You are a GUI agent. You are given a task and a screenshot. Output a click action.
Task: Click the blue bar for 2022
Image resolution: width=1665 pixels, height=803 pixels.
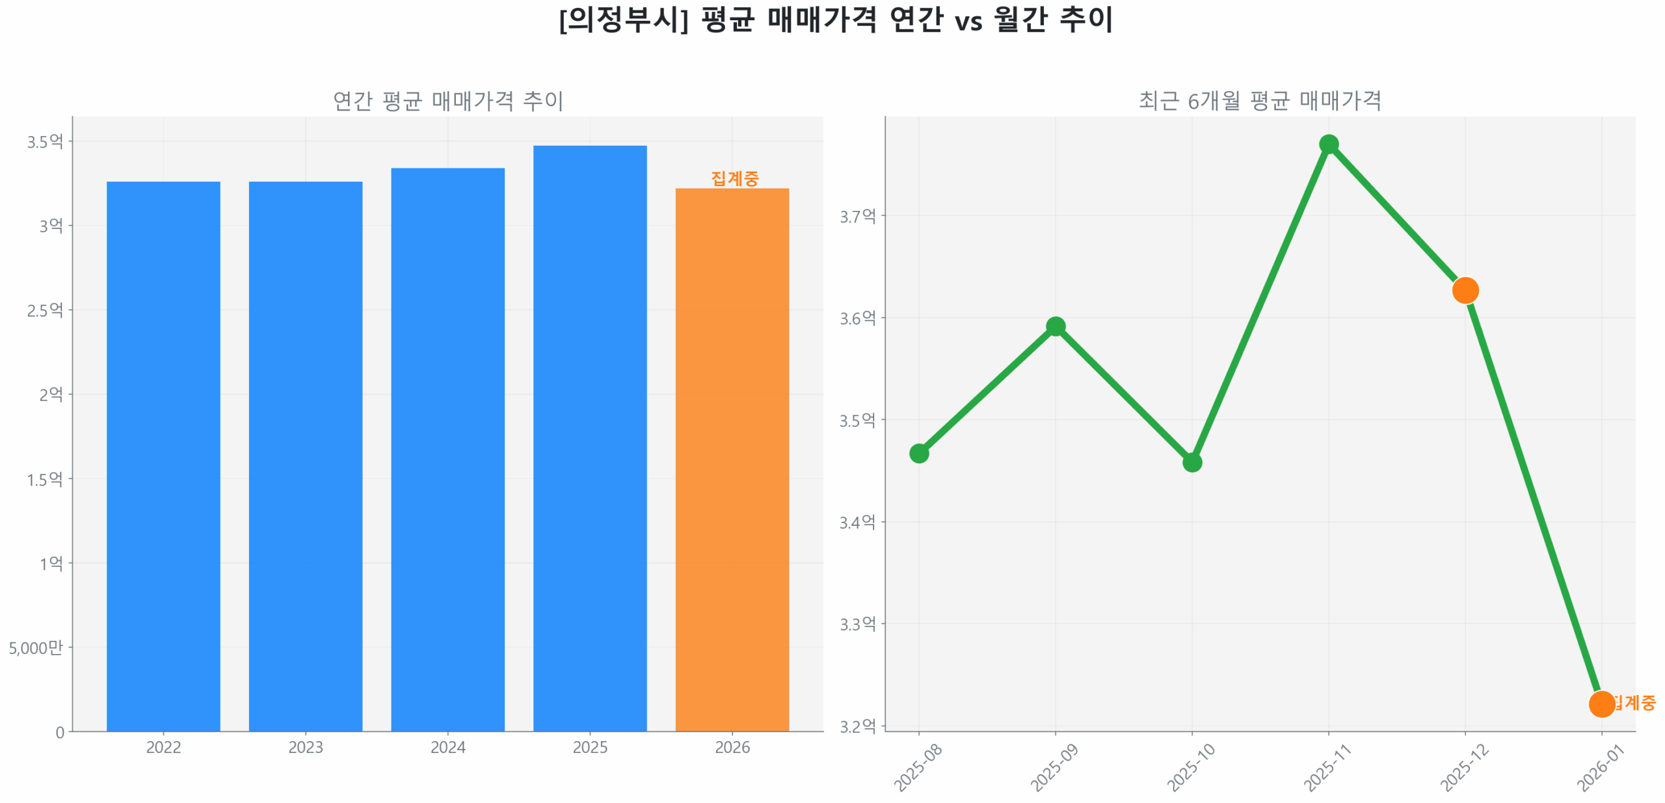tap(163, 456)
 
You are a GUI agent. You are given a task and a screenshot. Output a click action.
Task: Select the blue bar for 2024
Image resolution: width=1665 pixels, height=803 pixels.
tap(447, 449)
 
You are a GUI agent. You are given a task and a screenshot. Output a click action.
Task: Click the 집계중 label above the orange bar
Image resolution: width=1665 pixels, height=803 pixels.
tap(734, 178)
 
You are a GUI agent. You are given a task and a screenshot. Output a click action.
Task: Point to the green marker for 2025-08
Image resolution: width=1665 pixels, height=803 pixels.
tap(918, 453)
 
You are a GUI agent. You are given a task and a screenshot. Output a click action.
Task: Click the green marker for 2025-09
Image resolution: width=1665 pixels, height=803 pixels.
tap(1055, 326)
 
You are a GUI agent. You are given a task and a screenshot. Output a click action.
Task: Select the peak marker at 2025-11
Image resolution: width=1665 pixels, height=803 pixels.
tap(1328, 144)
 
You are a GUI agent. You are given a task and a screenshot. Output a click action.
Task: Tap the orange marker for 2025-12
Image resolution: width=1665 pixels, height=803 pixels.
tap(1465, 290)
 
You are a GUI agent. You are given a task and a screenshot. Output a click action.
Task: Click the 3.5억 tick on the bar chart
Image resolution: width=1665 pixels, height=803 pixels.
tap(45, 142)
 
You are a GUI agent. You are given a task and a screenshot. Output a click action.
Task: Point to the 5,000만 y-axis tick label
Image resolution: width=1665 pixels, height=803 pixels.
tap(36, 647)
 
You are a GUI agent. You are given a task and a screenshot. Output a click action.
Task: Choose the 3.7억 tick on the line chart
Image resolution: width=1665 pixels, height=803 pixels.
tap(857, 216)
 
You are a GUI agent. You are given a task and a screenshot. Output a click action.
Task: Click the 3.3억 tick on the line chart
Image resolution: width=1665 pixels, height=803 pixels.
tap(857, 624)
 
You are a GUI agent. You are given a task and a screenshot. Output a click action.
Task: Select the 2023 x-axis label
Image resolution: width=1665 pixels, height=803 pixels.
tap(305, 747)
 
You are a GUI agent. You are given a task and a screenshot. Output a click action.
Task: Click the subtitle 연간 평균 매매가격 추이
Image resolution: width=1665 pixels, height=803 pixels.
tap(447, 101)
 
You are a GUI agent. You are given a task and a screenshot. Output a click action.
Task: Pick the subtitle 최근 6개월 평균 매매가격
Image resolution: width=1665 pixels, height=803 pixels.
tap(1259, 101)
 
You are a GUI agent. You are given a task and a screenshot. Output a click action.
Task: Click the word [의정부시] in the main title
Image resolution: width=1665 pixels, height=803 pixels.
tap(623, 20)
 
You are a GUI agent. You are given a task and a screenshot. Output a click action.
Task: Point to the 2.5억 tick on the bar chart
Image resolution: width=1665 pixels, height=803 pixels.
tap(45, 310)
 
